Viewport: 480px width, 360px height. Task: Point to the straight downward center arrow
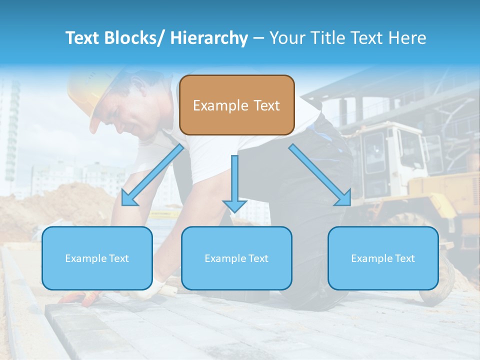234,182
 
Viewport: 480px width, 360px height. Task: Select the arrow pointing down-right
320,175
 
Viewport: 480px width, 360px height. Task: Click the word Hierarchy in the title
209,38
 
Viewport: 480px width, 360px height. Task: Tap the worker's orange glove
80,298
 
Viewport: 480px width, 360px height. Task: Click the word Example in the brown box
220,105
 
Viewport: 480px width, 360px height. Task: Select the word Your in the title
287,38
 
